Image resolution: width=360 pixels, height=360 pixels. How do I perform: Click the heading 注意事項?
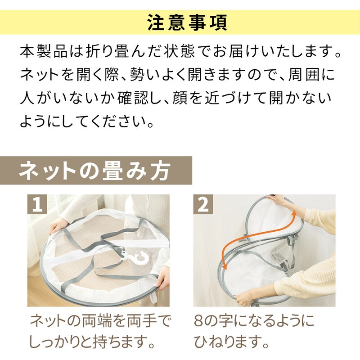tap(187, 22)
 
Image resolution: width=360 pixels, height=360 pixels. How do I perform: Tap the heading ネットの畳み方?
tap(94, 171)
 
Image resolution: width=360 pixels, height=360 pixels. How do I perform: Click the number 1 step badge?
tap(37, 204)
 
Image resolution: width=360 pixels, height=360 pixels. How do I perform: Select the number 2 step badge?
tap(203, 204)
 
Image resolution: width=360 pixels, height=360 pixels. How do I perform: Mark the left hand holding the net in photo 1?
tap(58, 226)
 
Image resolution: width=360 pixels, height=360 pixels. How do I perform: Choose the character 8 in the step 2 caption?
tap(198, 321)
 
